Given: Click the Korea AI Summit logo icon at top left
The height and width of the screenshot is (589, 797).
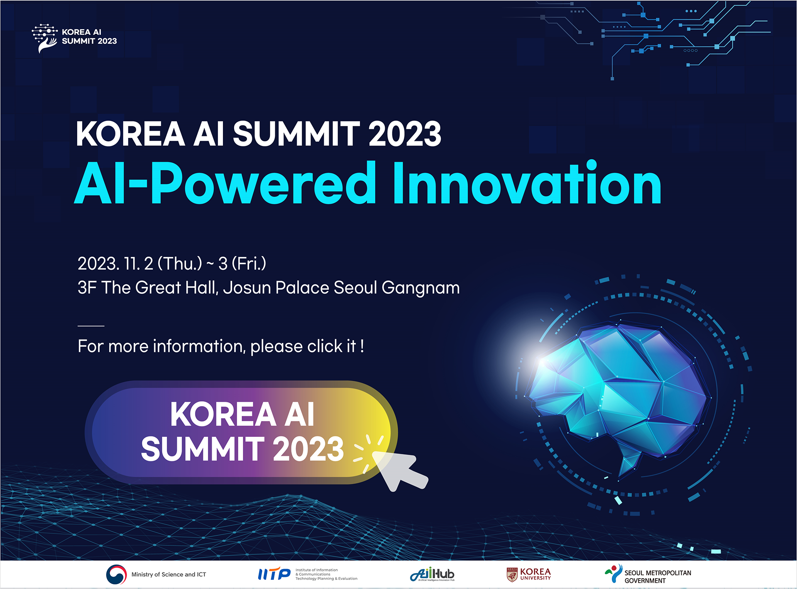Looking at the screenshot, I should (x=44, y=38).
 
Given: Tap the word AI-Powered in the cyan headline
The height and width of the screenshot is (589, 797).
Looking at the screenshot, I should (x=225, y=184).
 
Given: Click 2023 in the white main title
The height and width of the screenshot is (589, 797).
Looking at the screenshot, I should (x=404, y=134).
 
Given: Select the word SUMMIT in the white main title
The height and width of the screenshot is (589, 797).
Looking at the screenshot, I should (x=296, y=134).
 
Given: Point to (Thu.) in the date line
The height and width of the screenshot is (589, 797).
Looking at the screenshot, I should (x=180, y=264).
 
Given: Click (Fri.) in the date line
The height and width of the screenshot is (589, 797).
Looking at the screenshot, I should (x=249, y=264).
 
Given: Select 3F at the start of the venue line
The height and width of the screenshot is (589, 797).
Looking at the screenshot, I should (x=87, y=288).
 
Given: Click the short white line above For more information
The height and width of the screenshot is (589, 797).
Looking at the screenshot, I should (x=91, y=326).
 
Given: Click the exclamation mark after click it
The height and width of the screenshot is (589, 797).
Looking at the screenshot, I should (x=362, y=346).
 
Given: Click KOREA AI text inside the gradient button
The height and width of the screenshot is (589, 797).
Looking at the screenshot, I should (x=242, y=414).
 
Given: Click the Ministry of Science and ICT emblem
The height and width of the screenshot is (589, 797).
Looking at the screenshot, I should (x=116, y=574).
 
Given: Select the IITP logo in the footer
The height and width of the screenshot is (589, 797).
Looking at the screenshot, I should (x=274, y=574).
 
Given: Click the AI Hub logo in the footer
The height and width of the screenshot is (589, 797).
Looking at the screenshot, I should (x=432, y=574).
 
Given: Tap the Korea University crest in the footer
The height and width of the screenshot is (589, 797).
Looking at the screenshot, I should (x=512, y=574).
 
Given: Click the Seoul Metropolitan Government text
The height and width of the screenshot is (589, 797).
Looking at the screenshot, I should (x=658, y=577).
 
